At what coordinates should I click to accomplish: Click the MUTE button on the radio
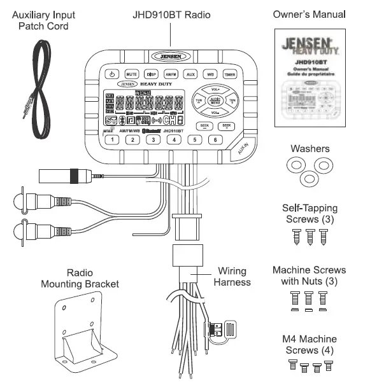pos(132,74)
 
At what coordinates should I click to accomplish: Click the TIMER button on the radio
pos(230,74)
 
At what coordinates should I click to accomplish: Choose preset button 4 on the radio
pos(173,140)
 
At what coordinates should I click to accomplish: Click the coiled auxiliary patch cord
pos(38,83)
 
